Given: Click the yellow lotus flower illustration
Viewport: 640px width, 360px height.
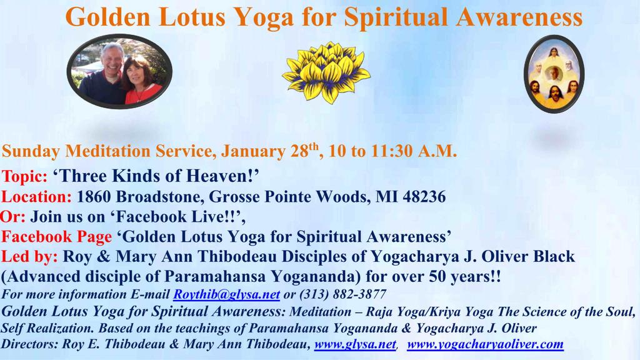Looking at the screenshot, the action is pyautogui.click(x=326, y=72).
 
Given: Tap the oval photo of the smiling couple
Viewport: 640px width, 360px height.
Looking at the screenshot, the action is pyautogui.click(x=119, y=71).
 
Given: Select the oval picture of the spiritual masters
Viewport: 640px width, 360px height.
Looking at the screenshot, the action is pyautogui.click(x=554, y=74).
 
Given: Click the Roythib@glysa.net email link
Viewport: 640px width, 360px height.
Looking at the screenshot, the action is pyautogui.click(x=226, y=294).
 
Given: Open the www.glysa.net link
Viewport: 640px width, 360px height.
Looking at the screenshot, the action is pyautogui.click(x=355, y=344).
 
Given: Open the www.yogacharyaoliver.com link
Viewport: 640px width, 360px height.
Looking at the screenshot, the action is pyautogui.click(x=485, y=344).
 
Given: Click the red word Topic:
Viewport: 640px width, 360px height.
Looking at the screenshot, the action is pyautogui.click(x=24, y=176).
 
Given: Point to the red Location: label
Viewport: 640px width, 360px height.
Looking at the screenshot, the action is pyautogui.click(x=37, y=197).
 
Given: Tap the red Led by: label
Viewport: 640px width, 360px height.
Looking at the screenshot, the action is pyautogui.click(x=29, y=257).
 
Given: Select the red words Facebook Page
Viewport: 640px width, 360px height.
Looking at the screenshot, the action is pyautogui.click(x=56, y=237).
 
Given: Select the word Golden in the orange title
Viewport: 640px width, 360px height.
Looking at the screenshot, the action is pyautogui.click(x=108, y=17).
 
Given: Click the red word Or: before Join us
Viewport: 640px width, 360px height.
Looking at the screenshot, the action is pyautogui.click(x=13, y=217).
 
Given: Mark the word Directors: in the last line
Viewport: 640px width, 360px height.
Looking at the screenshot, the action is pyautogui.click(x=30, y=344).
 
